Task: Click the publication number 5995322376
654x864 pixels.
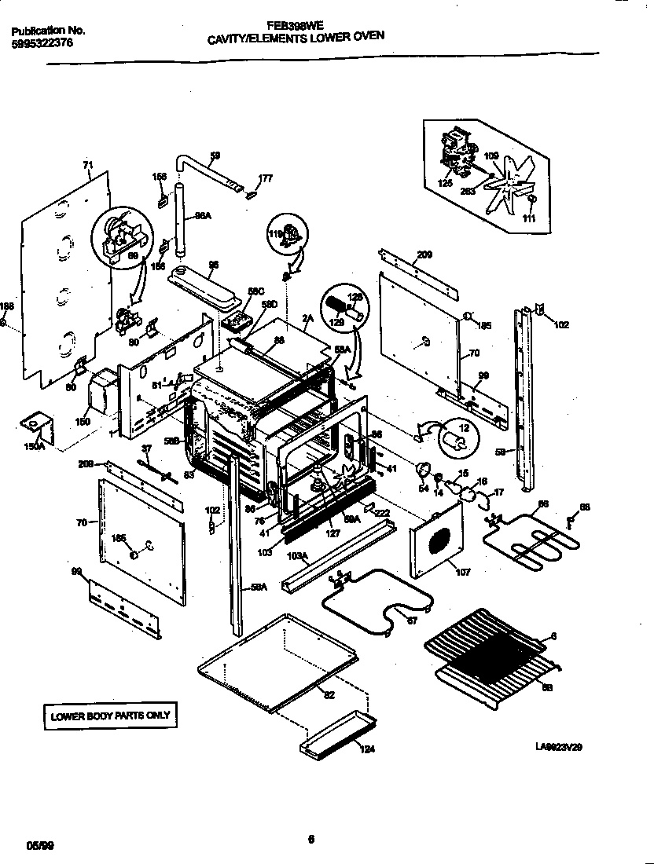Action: pos(43,45)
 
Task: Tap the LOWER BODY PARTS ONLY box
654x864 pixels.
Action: pos(110,716)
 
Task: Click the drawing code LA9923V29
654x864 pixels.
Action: pos(559,747)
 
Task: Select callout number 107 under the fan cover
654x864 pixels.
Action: pos(463,572)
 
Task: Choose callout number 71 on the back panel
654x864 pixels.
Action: pos(86,166)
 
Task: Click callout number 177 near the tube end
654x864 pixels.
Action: pos(265,178)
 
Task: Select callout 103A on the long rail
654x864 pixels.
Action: pos(297,556)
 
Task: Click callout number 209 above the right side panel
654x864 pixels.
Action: pos(424,254)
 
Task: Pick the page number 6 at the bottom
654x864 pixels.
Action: pos(311,837)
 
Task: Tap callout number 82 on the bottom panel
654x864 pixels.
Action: pos(329,694)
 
